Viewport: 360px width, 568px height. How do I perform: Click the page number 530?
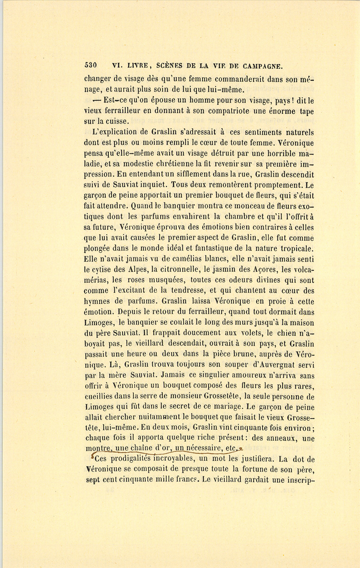(91, 66)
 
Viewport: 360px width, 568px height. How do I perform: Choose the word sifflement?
(181, 174)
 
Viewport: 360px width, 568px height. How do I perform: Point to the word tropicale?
(294, 248)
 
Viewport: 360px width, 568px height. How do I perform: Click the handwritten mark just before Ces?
(93, 456)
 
